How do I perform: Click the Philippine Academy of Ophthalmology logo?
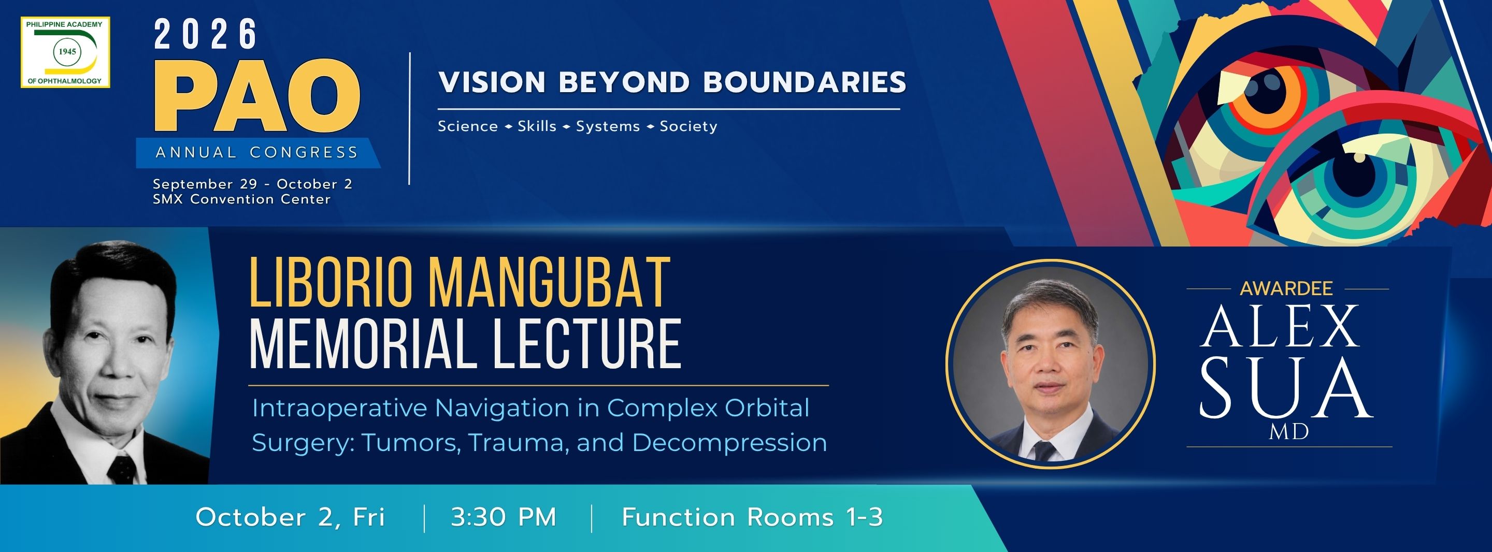65,52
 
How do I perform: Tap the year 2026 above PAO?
206,34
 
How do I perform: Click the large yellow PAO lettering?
257,96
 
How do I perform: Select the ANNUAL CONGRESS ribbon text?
256,152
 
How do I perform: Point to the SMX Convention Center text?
241,199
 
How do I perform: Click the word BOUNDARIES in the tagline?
805,82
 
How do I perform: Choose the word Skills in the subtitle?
537,126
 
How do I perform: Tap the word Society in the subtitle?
688,126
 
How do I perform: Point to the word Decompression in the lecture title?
729,443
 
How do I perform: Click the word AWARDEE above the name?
1286,288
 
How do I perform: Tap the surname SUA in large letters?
1286,387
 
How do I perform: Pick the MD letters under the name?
1289,431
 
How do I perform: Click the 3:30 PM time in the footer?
504,517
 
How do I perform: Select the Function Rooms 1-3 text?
752,517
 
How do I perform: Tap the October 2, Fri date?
290,517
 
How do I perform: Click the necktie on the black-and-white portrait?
122,469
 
